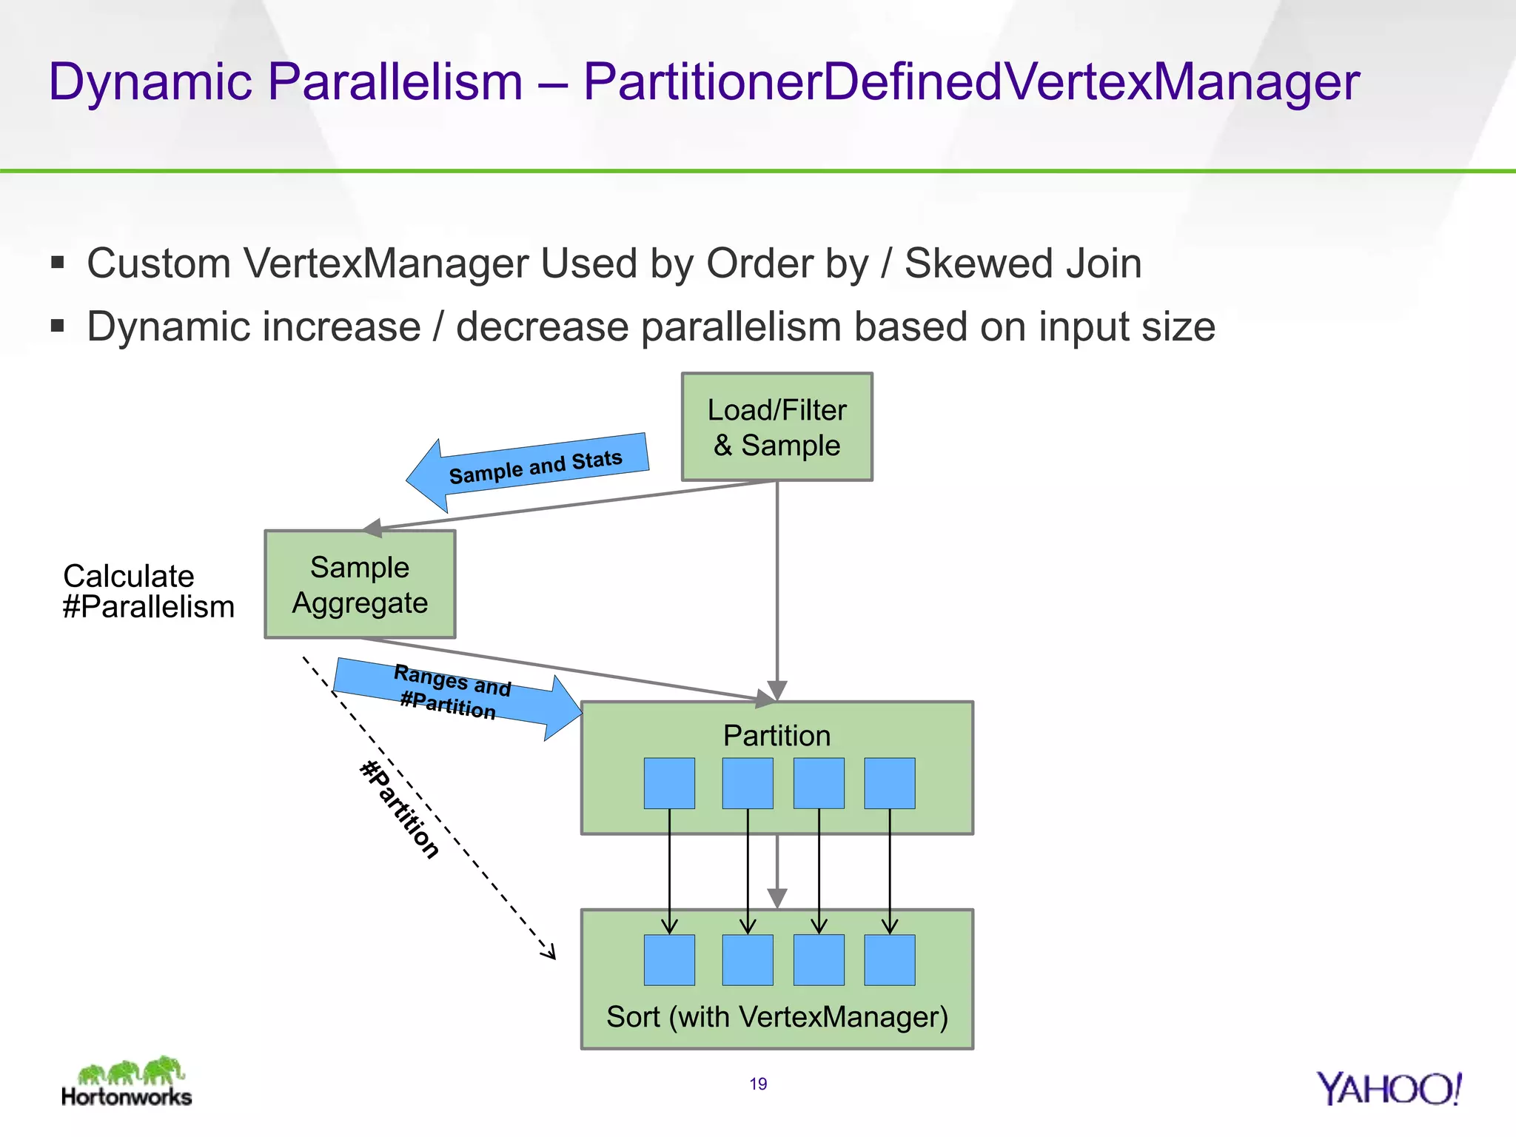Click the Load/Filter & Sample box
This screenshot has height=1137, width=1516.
(777, 427)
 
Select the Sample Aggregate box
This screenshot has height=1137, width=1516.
(360, 584)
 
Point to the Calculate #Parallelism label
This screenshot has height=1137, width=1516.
(148, 591)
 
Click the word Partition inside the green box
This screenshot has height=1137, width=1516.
(777, 736)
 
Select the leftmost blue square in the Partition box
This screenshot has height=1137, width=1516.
(669, 782)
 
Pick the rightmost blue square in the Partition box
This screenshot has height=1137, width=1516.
(889, 782)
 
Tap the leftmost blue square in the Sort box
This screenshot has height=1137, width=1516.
(669, 960)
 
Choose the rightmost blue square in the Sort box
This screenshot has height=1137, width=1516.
(889, 960)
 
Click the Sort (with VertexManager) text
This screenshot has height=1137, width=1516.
(777, 1017)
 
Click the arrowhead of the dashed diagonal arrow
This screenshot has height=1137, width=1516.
(549, 954)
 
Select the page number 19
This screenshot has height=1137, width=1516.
(758, 1084)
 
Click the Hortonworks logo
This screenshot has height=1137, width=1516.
(127, 1082)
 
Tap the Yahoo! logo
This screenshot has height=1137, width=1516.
(1389, 1089)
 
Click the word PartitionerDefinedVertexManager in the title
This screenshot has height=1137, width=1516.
(971, 81)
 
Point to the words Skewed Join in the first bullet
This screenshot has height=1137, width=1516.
(1023, 264)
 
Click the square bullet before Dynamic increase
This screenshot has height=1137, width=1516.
(58, 326)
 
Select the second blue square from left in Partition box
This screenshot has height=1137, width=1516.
(748, 782)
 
